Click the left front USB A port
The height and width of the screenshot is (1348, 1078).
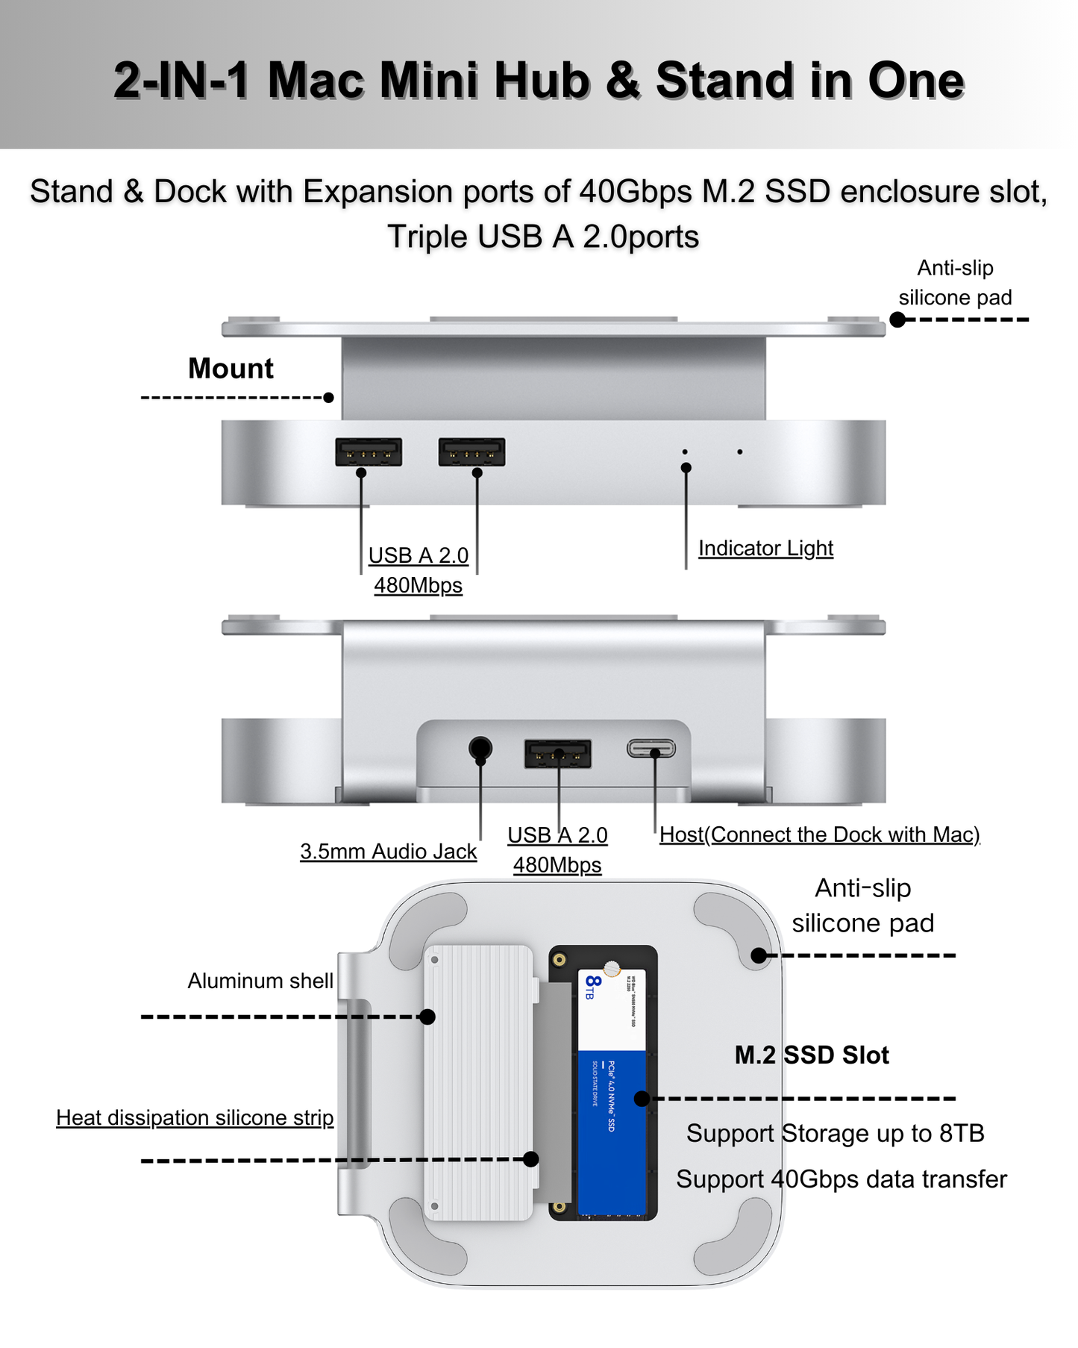coord(369,452)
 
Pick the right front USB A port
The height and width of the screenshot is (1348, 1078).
coord(471,452)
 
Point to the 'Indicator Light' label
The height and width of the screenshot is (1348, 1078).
coord(765,548)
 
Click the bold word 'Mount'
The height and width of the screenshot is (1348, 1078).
coord(231,368)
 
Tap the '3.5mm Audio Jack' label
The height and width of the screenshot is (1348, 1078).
coord(388,851)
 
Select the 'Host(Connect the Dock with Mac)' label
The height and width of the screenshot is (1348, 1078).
coord(819,834)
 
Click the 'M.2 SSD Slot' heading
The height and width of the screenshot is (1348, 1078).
coord(812,1055)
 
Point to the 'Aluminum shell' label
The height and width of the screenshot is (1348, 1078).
coord(260,980)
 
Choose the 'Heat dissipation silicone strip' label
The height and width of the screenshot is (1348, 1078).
coord(195,1117)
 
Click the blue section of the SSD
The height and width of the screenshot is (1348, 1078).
coord(612,1127)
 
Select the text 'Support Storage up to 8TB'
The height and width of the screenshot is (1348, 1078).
coord(835,1133)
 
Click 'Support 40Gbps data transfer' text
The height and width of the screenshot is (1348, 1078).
coord(842,1179)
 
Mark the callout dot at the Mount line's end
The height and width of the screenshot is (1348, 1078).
coord(328,398)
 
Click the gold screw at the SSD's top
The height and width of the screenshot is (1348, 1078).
coord(612,969)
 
